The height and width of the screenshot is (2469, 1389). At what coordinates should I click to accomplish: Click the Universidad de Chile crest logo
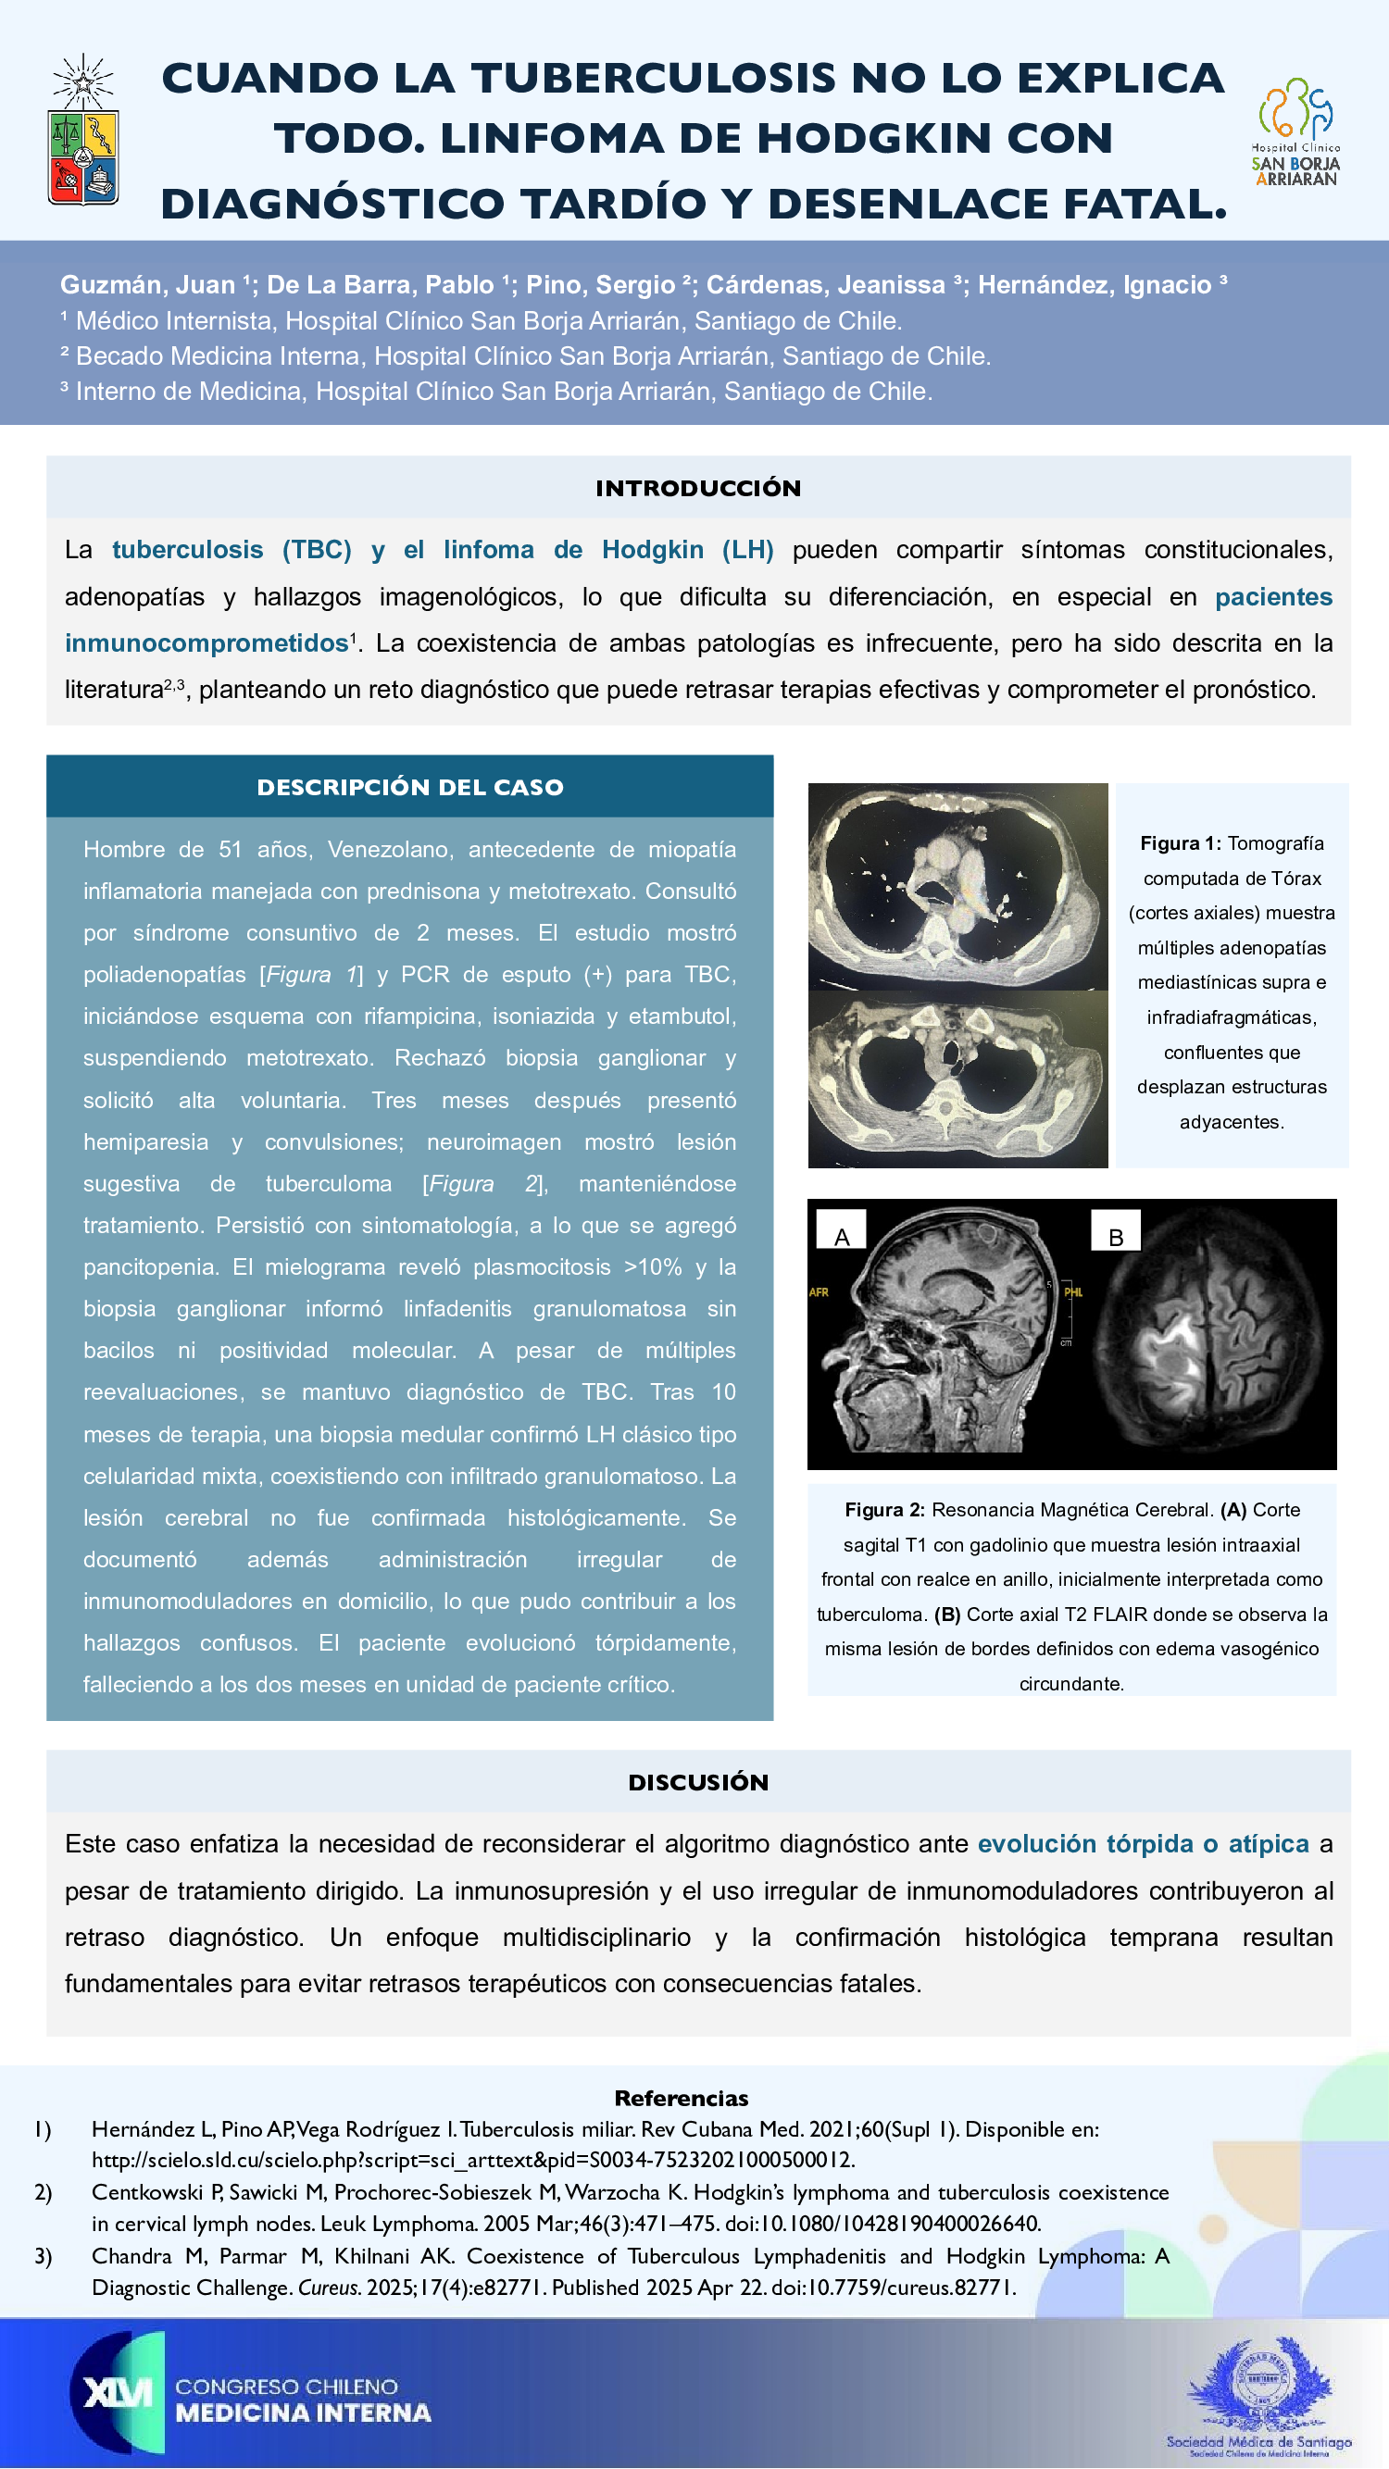coord(83,131)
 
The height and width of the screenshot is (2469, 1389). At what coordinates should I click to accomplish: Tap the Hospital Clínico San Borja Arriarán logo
coord(1295,131)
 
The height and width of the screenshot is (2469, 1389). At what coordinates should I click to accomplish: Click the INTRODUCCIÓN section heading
coord(698,488)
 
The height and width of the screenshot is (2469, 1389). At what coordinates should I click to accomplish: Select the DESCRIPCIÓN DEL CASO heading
coord(409,787)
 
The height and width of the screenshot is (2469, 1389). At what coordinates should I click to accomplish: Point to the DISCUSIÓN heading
coord(698,1782)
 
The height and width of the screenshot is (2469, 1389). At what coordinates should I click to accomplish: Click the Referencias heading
coord(681,2098)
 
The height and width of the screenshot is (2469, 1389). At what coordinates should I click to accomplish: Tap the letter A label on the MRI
coord(842,1236)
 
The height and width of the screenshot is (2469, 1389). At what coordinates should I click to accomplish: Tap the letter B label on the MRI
coord(1116,1237)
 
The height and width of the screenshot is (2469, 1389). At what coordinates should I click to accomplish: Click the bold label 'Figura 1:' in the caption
coord(1180,843)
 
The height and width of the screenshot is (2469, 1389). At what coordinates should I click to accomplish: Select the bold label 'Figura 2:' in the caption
coord(883,1510)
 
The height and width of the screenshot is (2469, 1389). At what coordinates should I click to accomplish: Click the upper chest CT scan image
coord(957,887)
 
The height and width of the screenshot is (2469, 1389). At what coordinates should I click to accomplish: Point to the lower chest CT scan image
coord(957,1079)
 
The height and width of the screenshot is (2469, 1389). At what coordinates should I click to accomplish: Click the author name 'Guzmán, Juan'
coord(147,284)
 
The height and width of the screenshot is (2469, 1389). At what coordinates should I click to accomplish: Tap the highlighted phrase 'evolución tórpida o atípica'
coord(1143,1843)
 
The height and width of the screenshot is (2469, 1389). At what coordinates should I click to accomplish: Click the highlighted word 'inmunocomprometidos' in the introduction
coord(206,642)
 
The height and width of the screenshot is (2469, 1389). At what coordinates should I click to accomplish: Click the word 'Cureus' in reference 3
coord(329,2288)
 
